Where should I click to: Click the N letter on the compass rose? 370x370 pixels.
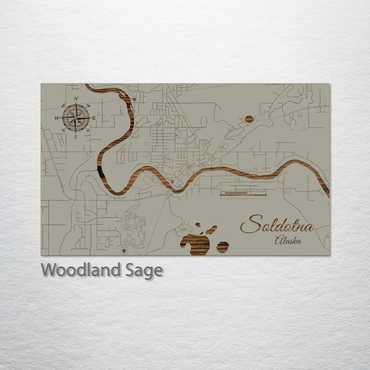[76, 99]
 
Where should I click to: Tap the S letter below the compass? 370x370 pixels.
[76, 137]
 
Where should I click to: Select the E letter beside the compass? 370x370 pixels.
[94, 118]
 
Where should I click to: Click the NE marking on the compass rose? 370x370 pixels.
[88, 105]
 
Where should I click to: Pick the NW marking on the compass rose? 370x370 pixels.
[63, 105]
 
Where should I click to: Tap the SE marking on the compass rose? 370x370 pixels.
[88, 130]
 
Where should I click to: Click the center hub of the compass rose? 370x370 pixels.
[76, 118]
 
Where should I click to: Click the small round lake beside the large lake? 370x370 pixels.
[223, 247]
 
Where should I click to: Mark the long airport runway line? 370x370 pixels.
[243, 195]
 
